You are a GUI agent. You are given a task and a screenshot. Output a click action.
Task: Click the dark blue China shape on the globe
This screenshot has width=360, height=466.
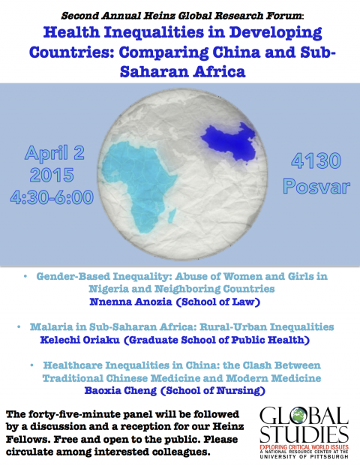230,142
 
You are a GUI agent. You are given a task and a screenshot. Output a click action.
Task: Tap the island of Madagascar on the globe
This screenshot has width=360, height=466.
172,216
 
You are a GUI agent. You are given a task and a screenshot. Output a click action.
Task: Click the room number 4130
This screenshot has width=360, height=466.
316,161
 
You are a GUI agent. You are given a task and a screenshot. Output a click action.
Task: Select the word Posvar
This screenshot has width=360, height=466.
316,186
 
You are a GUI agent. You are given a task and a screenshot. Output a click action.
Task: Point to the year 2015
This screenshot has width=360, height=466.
52,175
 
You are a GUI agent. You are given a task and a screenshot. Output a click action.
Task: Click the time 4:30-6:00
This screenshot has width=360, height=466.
52,197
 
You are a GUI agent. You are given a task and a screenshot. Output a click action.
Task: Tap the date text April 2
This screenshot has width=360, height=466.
55,153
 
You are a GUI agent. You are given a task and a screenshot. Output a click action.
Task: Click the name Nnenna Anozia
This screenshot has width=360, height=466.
130,302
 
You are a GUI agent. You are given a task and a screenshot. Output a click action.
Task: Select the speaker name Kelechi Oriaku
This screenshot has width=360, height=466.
80,340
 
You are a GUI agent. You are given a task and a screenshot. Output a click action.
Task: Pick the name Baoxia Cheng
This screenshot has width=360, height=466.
121,390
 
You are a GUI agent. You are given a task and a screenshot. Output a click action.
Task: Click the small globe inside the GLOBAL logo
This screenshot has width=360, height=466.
299,415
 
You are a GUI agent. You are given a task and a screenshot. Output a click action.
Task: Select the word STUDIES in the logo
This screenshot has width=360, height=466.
304,434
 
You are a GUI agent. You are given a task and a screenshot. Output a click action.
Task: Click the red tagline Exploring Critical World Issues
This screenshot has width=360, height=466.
304,447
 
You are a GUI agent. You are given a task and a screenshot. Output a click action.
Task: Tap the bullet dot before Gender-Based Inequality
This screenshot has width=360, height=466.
25,276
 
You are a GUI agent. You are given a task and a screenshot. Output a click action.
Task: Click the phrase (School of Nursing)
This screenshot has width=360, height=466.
213,390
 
